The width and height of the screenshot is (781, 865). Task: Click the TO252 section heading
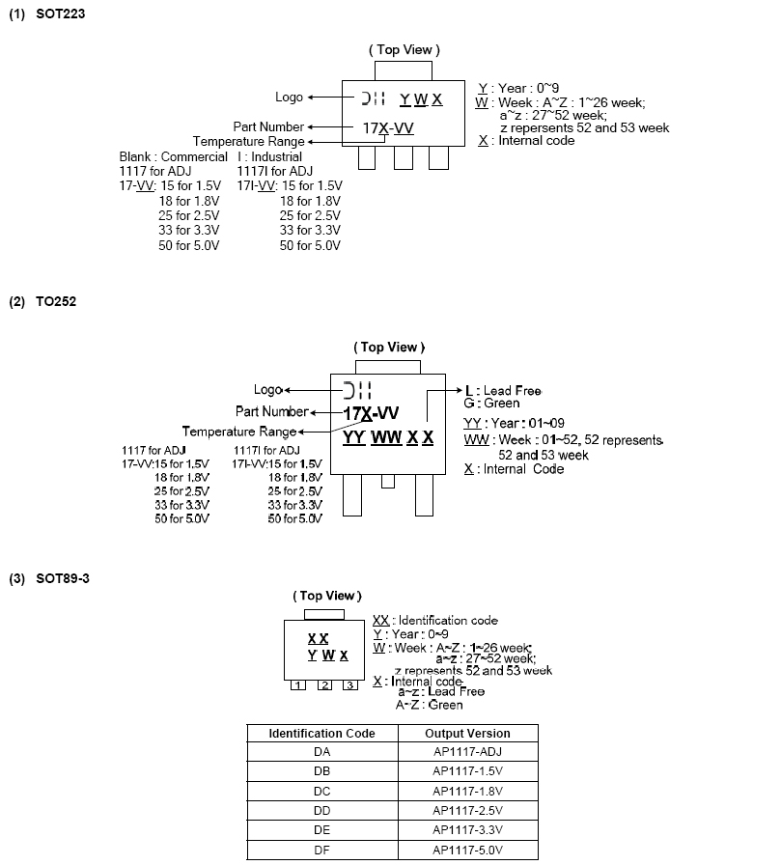point(43,301)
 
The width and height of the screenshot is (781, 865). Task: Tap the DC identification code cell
point(321,790)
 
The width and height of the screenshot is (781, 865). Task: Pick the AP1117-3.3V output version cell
point(467,829)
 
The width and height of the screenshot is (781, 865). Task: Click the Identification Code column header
point(321,733)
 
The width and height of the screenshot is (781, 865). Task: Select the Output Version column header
point(467,733)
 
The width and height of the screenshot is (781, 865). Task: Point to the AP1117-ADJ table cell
point(467,751)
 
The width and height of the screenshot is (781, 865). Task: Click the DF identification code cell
point(321,849)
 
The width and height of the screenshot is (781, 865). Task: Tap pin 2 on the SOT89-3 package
point(325,685)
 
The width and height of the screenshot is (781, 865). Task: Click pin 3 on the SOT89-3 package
point(350,685)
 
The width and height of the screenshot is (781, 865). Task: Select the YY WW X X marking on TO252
point(388,438)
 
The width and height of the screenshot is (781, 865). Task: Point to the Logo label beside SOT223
point(288,97)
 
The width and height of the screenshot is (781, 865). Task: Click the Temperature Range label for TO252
point(238,432)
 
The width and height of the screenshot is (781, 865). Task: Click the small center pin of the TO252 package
point(388,480)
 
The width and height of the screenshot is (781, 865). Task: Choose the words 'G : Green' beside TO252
point(491,404)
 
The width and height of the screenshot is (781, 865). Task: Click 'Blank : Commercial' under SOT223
point(173,156)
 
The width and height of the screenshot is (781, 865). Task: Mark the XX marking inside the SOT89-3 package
point(318,639)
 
